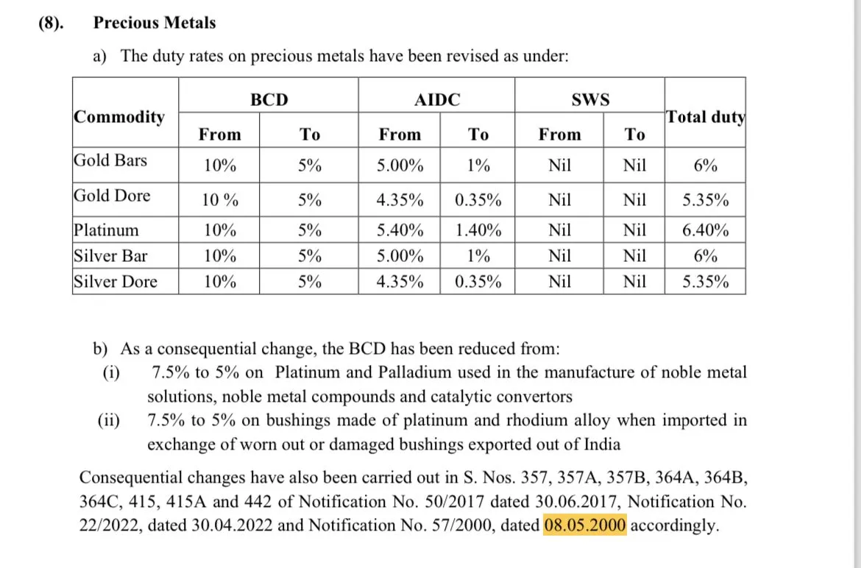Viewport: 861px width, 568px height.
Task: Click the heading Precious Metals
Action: pyautogui.click(x=155, y=23)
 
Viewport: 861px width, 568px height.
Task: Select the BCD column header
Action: pyautogui.click(x=269, y=100)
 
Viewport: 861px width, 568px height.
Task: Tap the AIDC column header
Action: pyautogui.click(x=437, y=100)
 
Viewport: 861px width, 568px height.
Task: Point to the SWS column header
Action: pyautogui.click(x=590, y=100)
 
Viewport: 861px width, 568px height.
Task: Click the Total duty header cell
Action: pyautogui.click(x=705, y=117)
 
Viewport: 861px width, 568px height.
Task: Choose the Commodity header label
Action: pyautogui.click(x=119, y=117)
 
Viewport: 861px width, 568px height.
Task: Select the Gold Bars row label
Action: pyautogui.click(x=110, y=160)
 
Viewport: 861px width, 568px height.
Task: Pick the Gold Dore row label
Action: pyautogui.click(x=112, y=196)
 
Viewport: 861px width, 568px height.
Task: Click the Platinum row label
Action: pyautogui.click(x=106, y=230)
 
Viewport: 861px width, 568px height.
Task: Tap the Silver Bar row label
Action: pyautogui.click(x=110, y=256)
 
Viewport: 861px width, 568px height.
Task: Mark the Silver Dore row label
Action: pyautogui.click(x=115, y=281)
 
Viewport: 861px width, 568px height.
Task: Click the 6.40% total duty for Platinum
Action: pyautogui.click(x=705, y=230)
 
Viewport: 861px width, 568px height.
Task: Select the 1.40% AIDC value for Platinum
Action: pyautogui.click(x=478, y=230)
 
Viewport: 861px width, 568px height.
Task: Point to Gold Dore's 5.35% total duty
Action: pyautogui.click(x=705, y=200)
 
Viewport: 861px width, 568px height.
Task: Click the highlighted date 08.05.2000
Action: pyautogui.click(x=585, y=525)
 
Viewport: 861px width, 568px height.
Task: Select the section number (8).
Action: pyautogui.click(x=51, y=23)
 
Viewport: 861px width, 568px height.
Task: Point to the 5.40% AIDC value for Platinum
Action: pyautogui.click(x=400, y=230)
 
